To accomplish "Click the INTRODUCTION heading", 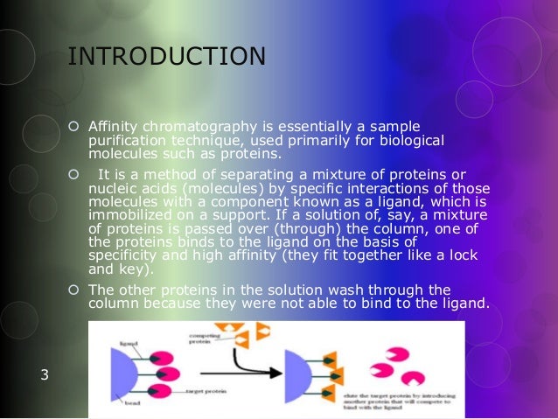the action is pos(166,57).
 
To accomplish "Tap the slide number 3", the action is pos(45,376).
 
